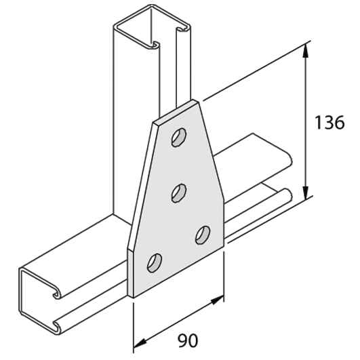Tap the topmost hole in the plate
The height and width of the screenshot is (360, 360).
click(178, 138)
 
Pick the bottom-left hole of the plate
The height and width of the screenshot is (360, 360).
click(155, 261)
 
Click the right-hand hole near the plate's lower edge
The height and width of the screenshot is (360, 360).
click(202, 234)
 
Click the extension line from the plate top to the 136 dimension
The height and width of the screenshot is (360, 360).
click(251, 74)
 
